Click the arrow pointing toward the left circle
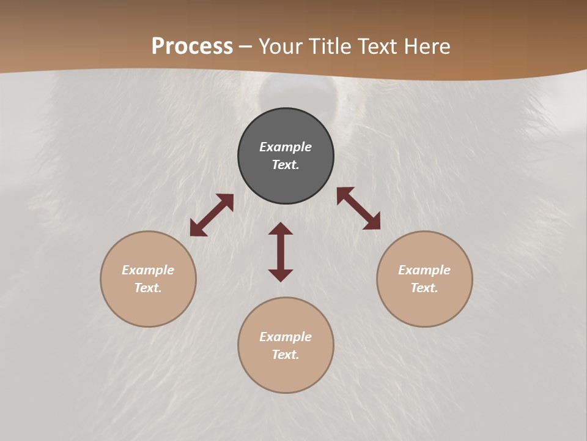tap(212, 215)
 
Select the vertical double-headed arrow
tap(281, 252)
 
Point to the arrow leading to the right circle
tap(358, 208)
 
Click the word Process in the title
tap(192, 46)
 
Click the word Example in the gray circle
tap(286, 147)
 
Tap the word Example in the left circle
tap(148, 270)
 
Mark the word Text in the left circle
tap(147, 288)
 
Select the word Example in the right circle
tap(424, 270)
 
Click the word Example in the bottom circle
tap(286, 337)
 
